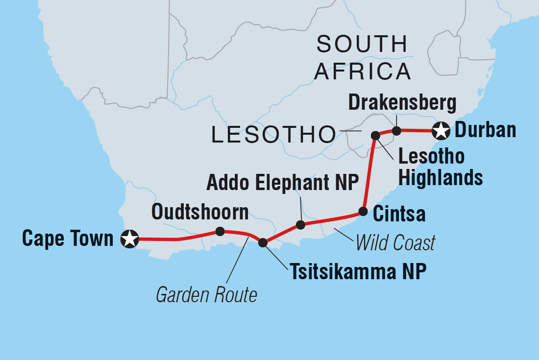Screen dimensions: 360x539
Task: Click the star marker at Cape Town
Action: click(130, 239)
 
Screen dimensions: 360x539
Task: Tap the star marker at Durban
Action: click(441, 131)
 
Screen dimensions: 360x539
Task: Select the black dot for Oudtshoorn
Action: click(220, 231)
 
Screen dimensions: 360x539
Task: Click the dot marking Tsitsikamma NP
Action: click(263, 242)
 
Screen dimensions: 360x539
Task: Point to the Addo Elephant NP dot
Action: click(301, 225)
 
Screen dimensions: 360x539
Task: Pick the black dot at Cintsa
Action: click(363, 212)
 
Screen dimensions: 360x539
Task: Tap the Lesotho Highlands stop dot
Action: click(375, 135)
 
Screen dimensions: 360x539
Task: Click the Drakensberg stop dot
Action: click(397, 131)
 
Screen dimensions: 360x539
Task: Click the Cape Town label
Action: click(68, 239)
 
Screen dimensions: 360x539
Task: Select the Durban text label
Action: click(486, 130)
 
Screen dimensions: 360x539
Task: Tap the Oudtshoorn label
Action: click(200, 212)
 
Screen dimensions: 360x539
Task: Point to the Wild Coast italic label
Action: click(395, 242)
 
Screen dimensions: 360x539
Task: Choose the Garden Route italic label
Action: click(206, 295)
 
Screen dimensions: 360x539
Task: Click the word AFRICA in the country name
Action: click(362, 71)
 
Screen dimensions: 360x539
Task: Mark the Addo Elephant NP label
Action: click(283, 183)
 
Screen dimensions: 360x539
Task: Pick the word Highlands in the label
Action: click(440, 177)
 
